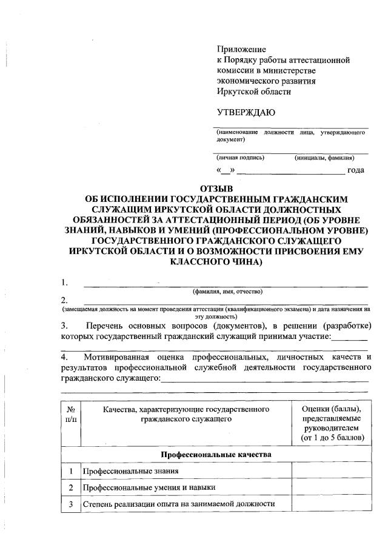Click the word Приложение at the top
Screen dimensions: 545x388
(x=241, y=49)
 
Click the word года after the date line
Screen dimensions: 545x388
(x=355, y=170)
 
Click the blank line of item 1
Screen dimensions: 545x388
(x=225, y=284)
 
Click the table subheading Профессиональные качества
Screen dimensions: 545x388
(x=215, y=454)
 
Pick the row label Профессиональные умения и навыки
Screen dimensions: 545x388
(x=149, y=487)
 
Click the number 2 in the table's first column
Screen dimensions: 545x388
(x=71, y=487)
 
